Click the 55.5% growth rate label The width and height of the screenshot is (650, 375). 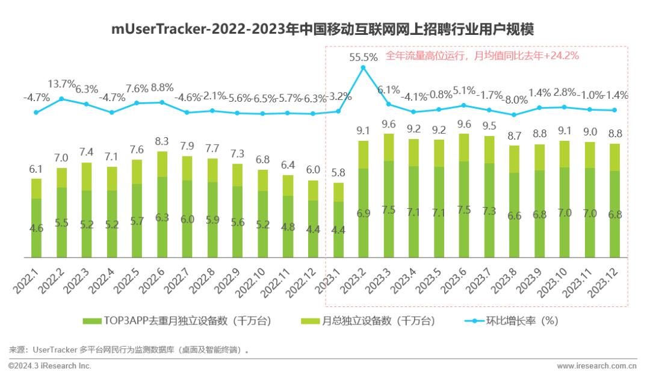tap(364, 58)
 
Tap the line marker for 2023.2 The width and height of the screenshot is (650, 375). tap(363, 68)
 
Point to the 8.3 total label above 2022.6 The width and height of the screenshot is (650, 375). tap(162, 142)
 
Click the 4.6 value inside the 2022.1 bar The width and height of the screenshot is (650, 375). tap(36, 228)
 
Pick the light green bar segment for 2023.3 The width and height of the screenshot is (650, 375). tap(389, 147)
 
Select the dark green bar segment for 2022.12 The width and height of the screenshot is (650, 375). tap(313, 229)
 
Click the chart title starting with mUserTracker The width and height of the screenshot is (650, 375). tap(324, 29)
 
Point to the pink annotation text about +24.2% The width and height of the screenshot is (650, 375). tap(481, 56)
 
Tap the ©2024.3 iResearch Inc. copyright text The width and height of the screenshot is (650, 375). tap(50, 365)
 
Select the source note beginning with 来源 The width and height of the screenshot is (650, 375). tap(128, 349)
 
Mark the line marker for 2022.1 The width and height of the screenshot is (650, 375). tap(36, 112)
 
